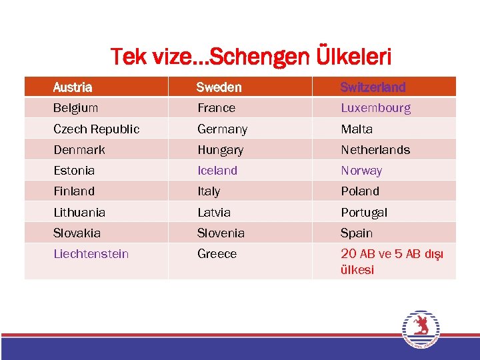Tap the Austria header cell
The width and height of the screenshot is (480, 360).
(x=73, y=87)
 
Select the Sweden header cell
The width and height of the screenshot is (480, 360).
(x=219, y=87)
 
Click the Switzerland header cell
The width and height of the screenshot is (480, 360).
(x=373, y=87)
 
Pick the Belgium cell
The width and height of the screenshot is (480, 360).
(x=76, y=108)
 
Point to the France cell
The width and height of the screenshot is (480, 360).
(x=216, y=108)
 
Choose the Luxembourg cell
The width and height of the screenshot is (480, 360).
(x=375, y=108)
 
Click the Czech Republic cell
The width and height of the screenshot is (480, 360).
(x=97, y=129)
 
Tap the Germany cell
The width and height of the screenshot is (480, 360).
(x=222, y=129)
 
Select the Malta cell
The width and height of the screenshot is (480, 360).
(x=357, y=129)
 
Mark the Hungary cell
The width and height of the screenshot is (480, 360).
(x=220, y=150)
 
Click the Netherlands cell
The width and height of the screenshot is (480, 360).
(x=375, y=150)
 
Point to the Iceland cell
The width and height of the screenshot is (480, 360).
(x=217, y=171)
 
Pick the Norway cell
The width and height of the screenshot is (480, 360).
(x=361, y=171)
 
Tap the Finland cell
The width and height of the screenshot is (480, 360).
(x=74, y=191)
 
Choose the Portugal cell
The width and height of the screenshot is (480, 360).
(x=364, y=213)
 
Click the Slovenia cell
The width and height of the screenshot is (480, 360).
(x=221, y=233)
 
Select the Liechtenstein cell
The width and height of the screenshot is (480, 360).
(x=91, y=254)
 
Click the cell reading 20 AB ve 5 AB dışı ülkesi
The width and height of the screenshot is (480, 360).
(x=391, y=262)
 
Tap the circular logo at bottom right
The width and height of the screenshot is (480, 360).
(x=420, y=329)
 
